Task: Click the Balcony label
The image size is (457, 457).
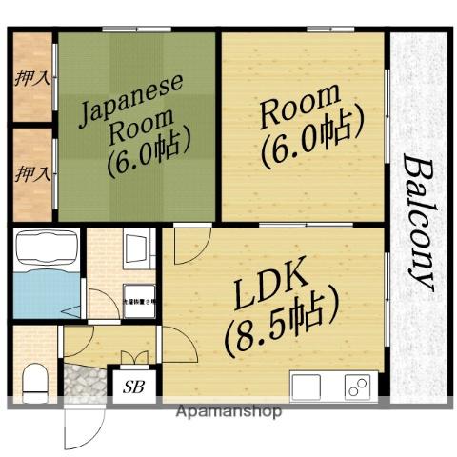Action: (x=418, y=221)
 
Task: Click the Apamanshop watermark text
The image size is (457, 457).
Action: (x=228, y=412)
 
